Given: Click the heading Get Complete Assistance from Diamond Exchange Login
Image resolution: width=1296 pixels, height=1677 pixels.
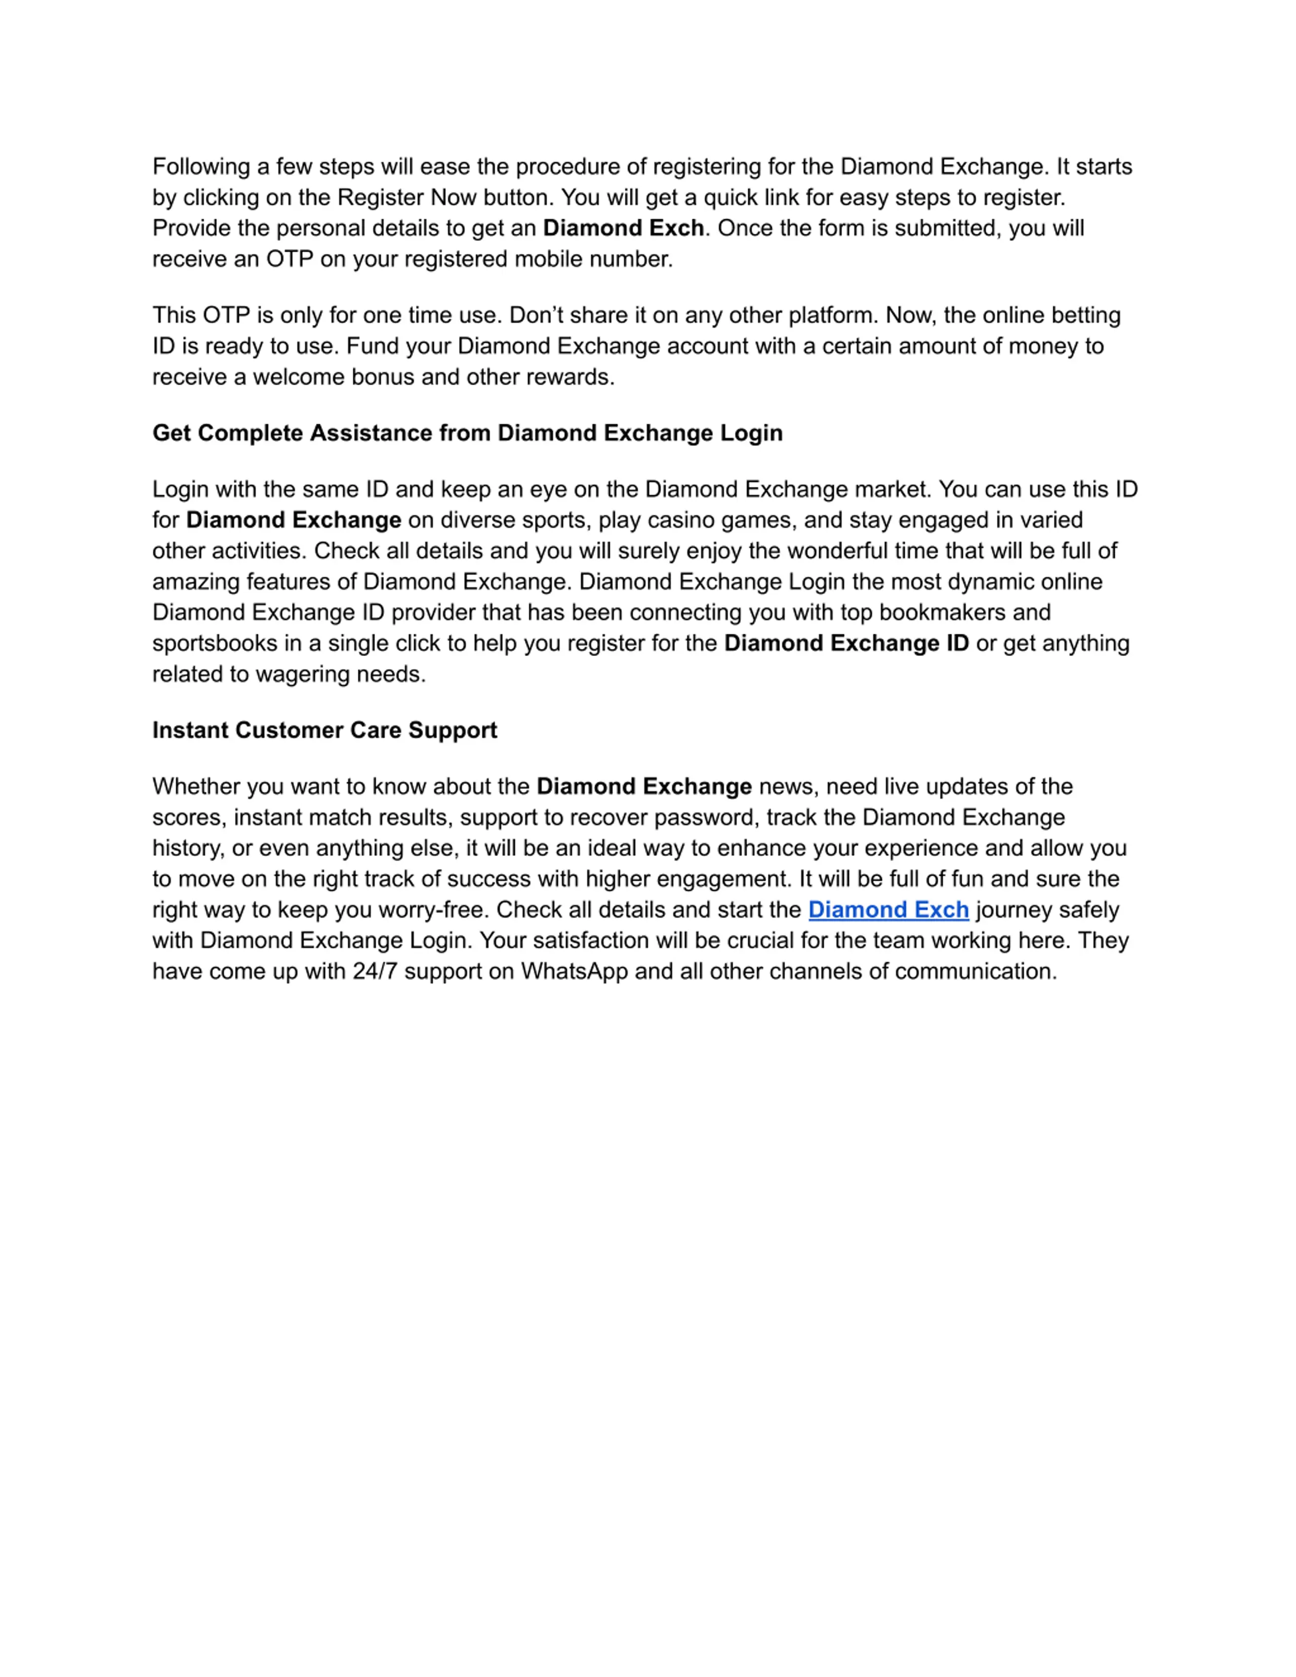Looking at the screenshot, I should pos(467,433).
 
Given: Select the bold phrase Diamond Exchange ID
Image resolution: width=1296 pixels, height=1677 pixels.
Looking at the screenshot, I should pos(846,643).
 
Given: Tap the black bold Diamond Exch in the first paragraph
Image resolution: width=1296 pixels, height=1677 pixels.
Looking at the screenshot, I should pos(623,228).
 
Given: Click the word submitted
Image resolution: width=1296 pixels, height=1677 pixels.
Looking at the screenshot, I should pos(947,228).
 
